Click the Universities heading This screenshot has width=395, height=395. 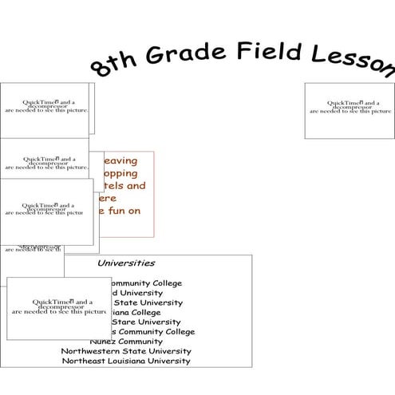(x=126, y=263)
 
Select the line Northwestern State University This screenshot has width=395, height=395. (x=126, y=350)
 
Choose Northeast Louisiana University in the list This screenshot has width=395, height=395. (x=126, y=361)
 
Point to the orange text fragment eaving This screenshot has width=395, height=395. (x=120, y=160)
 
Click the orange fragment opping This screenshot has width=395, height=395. (x=120, y=173)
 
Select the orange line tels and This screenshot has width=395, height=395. (x=124, y=186)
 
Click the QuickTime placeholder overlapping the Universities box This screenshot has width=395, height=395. (x=58, y=308)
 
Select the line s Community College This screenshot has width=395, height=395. (x=152, y=331)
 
